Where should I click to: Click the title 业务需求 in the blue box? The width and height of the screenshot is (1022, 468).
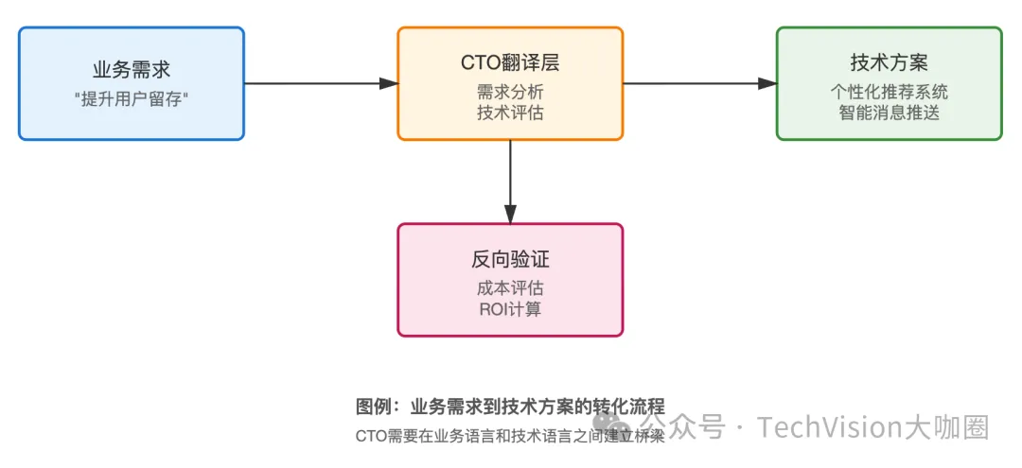tap(132, 69)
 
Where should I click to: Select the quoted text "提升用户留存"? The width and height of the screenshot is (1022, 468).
tap(132, 99)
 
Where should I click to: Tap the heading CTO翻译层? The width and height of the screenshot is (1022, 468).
tap(510, 64)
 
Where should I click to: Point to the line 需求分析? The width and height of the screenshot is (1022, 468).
tap(510, 93)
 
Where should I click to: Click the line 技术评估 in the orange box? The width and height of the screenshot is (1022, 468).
tap(510, 113)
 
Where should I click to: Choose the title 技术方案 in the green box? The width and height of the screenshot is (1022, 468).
tap(889, 64)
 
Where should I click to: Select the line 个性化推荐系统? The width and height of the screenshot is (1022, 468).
tap(889, 93)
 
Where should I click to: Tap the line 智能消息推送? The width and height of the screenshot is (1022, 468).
tap(889, 113)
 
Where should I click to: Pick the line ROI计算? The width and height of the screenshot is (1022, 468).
tap(510, 309)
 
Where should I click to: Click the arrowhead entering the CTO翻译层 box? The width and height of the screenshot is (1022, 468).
tap(388, 83)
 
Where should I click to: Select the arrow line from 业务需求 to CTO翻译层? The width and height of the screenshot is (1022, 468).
tap(312, 83)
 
